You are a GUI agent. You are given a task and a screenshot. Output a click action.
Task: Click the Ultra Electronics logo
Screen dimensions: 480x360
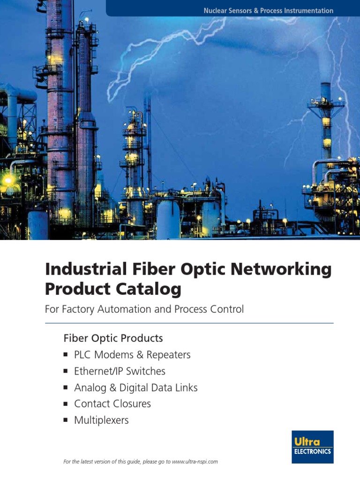coord(312,447)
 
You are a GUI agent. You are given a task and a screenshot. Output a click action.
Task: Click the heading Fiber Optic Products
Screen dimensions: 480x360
coord(113,338)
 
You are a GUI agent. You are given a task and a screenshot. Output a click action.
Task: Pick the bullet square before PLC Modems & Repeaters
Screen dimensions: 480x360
coord(66,355)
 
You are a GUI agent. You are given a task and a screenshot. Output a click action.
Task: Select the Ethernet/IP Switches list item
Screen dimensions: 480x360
coord(120,371)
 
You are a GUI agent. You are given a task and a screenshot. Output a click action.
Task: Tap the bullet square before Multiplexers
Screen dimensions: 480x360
coord(66,420)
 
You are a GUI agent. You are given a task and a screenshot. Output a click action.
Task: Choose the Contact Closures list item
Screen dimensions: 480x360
coord(112,404)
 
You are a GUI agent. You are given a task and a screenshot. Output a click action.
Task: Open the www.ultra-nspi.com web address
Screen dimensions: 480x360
coord(195,462)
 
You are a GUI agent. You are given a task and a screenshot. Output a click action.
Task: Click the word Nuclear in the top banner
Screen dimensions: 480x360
coord(215,10)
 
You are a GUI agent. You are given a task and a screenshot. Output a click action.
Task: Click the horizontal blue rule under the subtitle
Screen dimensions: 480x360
coord(189,323)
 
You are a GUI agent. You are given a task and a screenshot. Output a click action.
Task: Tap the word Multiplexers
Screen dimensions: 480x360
coord(101,420)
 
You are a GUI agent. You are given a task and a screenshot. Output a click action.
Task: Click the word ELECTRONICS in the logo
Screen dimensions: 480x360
coord(312,452)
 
